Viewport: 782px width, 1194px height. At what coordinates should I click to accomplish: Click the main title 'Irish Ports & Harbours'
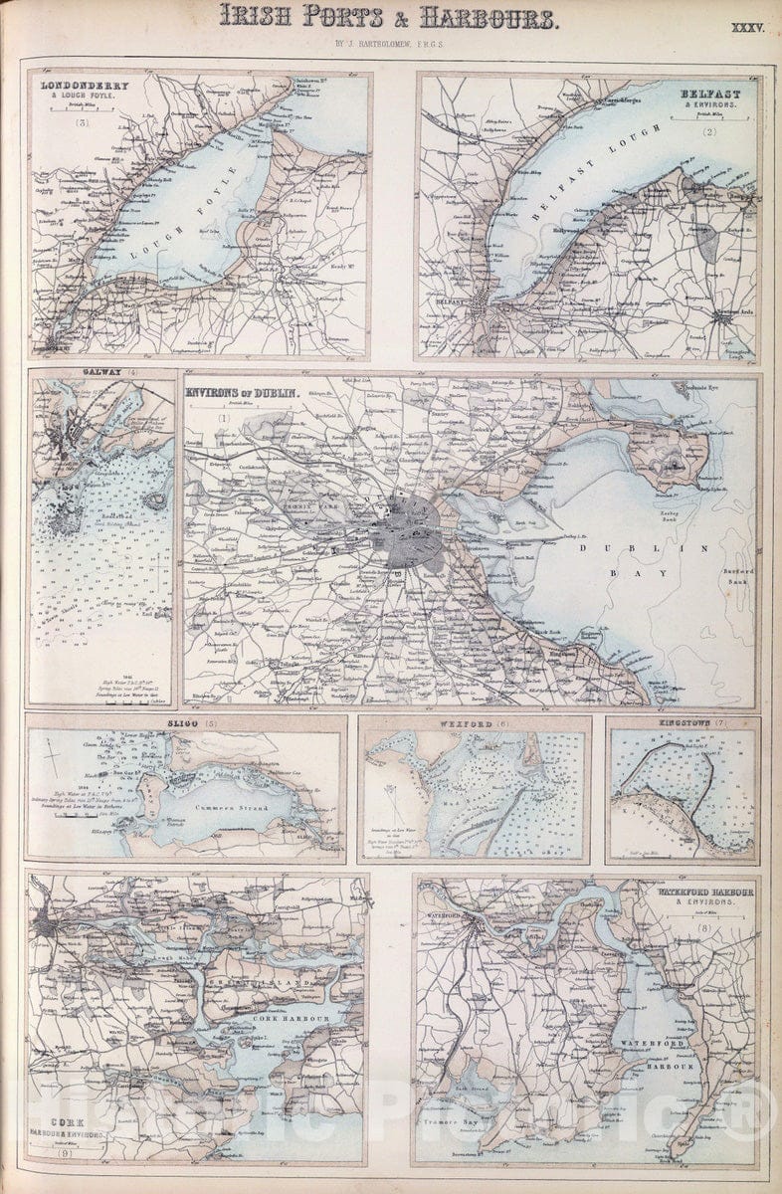click(387, 17)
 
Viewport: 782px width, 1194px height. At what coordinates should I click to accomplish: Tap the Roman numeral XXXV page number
click(746, 30)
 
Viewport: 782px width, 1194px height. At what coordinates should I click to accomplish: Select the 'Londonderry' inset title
click(72, 86)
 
